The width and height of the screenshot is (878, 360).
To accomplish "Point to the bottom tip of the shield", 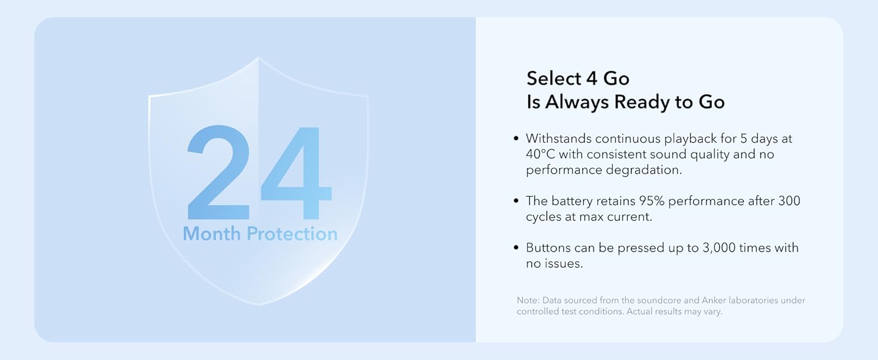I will [x=259, y=304].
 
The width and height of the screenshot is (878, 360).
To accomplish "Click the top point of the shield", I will [x=258, y=58].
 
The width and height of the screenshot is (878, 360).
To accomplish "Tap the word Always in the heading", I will [x=577, y=102].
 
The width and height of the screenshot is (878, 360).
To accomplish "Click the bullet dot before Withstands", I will [x=516, y=139].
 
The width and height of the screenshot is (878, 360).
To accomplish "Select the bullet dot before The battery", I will [x=516, y=201].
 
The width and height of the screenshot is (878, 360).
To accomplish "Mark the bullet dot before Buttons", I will [x=516, y=248].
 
